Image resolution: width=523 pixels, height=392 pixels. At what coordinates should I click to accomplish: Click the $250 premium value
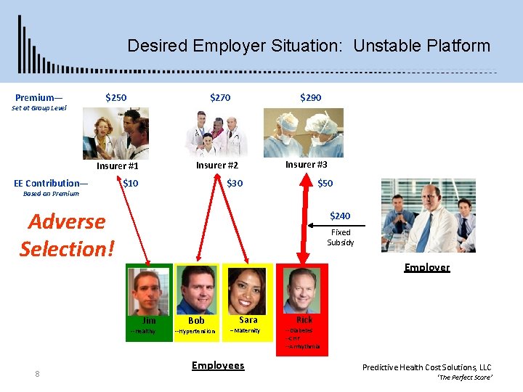coord(115,97)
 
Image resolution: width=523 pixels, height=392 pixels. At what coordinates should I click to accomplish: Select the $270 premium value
coord(220,97)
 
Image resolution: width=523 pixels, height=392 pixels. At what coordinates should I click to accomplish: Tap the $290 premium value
coord(310,97)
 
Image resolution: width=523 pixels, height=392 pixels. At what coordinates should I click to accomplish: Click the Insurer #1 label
coord(117,166)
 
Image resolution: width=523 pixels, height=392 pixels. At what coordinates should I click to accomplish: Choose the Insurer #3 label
coord(306,165)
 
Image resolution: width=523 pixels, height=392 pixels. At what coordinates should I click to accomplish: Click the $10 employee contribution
coord(131,184)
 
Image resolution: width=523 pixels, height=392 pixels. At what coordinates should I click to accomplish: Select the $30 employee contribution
coord(235,184)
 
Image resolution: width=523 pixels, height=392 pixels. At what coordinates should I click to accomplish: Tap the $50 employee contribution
coord(325,184)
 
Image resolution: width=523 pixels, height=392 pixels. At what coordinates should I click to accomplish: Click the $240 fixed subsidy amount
coord(340,216)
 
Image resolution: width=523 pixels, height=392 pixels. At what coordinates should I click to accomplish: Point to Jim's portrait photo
coord(149,290)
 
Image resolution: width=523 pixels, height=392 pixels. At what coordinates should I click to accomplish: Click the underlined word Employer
coord(426,267)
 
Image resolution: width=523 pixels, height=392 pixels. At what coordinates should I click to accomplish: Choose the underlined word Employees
coord(218,365)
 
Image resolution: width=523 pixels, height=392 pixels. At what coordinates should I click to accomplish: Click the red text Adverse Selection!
coord(67,235)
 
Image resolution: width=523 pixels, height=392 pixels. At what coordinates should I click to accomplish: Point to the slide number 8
coord(37,374)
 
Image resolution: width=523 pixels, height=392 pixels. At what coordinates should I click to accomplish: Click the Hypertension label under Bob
coord(195,332)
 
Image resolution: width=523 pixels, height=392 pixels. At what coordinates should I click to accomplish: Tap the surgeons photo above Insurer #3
coord(303,133)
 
